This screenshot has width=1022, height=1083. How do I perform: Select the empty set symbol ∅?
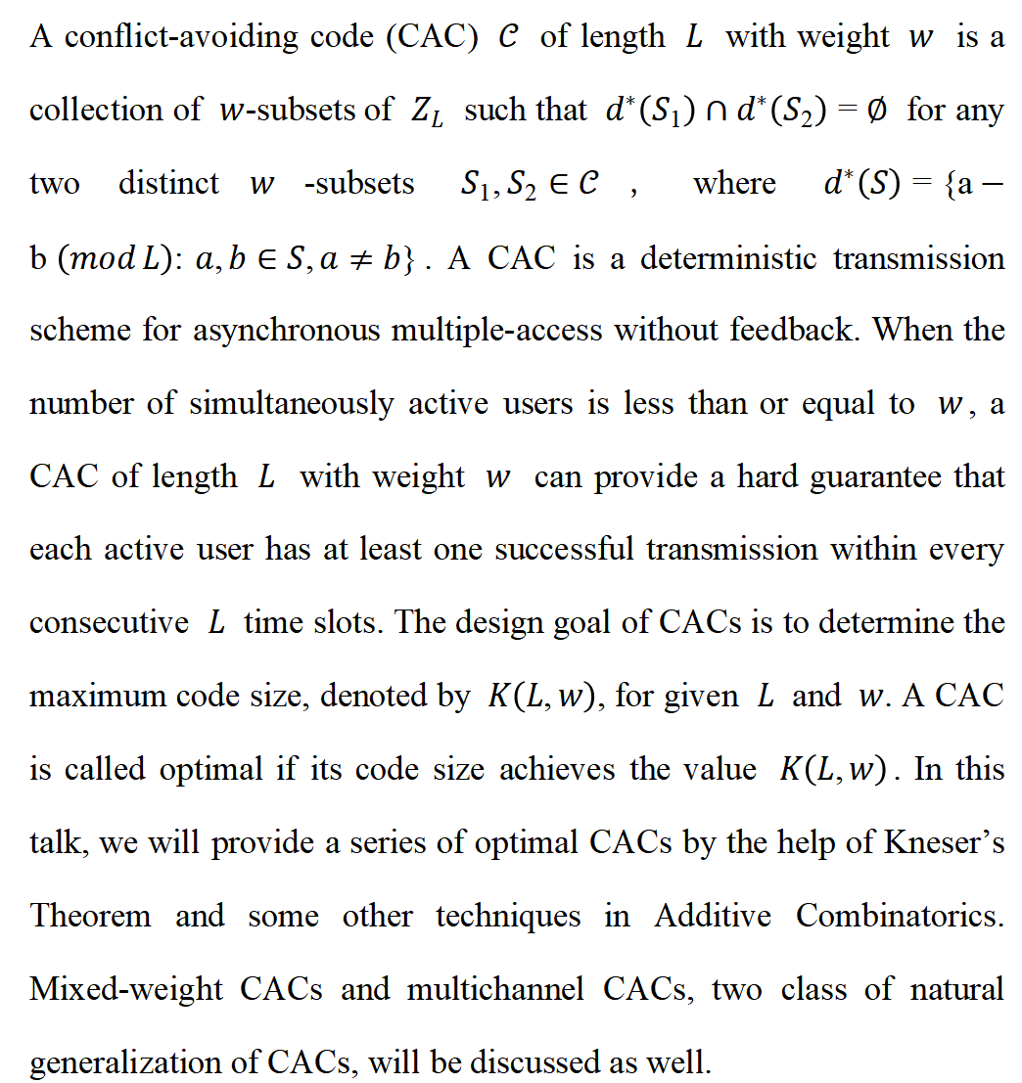(876, 112)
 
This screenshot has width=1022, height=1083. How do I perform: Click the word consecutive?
(109, 623)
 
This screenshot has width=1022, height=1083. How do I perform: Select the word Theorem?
(91, 916)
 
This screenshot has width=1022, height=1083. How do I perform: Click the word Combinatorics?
(900, 916)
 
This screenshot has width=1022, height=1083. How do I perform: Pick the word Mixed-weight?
(127, 989)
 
